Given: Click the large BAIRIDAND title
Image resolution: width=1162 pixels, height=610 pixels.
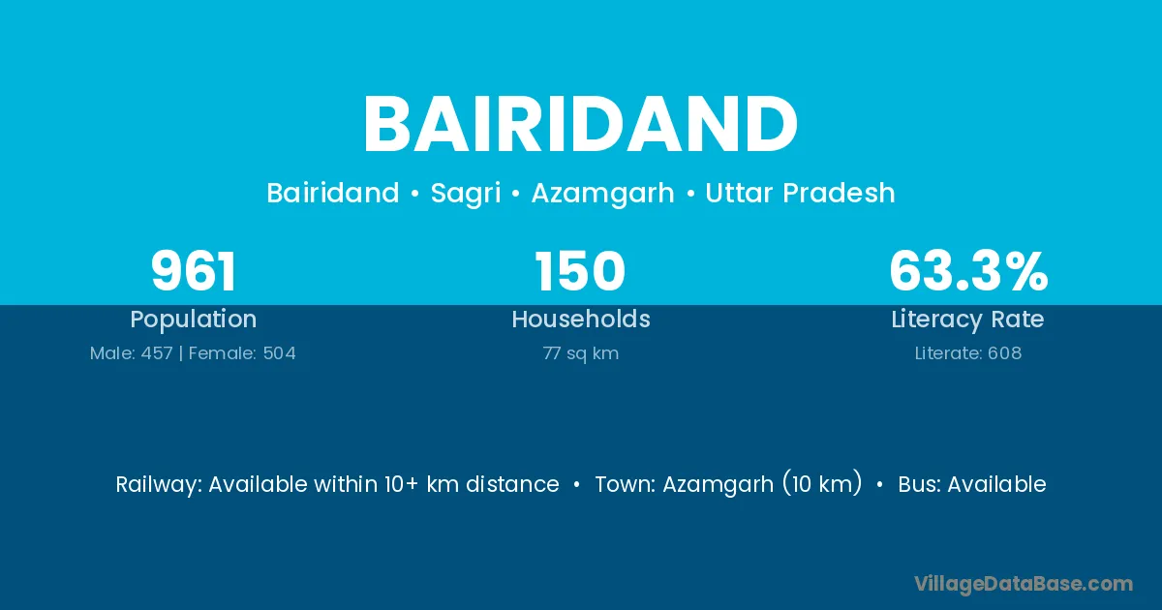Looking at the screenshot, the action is (x=580, y=124).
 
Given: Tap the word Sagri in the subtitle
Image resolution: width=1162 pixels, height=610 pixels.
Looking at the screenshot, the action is (x=466, y=194).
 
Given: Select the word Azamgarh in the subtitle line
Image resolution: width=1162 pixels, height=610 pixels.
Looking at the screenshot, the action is (x=602, y=194).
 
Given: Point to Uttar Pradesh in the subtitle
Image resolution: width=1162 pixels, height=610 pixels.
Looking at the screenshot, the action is (x=800, y=193).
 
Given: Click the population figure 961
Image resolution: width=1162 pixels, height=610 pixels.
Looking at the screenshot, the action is (x=194, y=271).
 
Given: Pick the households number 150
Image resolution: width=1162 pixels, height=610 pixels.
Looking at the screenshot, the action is (x=580, y=271).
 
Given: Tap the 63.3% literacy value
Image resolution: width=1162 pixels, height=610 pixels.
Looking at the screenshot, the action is (x=968, y=271).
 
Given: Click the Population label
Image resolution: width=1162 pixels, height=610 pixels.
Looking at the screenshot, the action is (x=194, y=320).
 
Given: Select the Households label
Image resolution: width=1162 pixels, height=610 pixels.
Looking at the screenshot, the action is (x=581, y=319).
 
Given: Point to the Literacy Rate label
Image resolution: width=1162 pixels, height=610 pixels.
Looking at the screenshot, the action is (x=968, y=320).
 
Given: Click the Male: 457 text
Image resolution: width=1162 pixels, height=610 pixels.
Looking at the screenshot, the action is (x=132, y=353).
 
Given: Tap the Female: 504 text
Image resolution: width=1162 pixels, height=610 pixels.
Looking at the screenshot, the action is (x=242, y=353).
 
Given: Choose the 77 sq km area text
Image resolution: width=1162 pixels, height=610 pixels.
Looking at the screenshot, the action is (x=581, y=353).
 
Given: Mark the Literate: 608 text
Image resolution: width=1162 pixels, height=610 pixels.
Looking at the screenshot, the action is (x=968, y=353).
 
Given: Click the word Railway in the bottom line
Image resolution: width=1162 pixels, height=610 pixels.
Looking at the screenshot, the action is (x=159, y=485).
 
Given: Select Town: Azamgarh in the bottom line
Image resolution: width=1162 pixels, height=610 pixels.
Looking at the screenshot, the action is (x=685, y=485).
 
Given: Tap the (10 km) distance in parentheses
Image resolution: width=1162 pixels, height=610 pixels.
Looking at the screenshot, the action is (x=822, y=483).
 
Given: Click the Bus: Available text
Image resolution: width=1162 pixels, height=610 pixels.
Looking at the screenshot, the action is (x=972, y=484).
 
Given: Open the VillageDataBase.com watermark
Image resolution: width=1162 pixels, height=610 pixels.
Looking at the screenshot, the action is (x=1024, y=584).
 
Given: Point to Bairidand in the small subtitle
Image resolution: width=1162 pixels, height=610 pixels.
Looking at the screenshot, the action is (x=333, y=193).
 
